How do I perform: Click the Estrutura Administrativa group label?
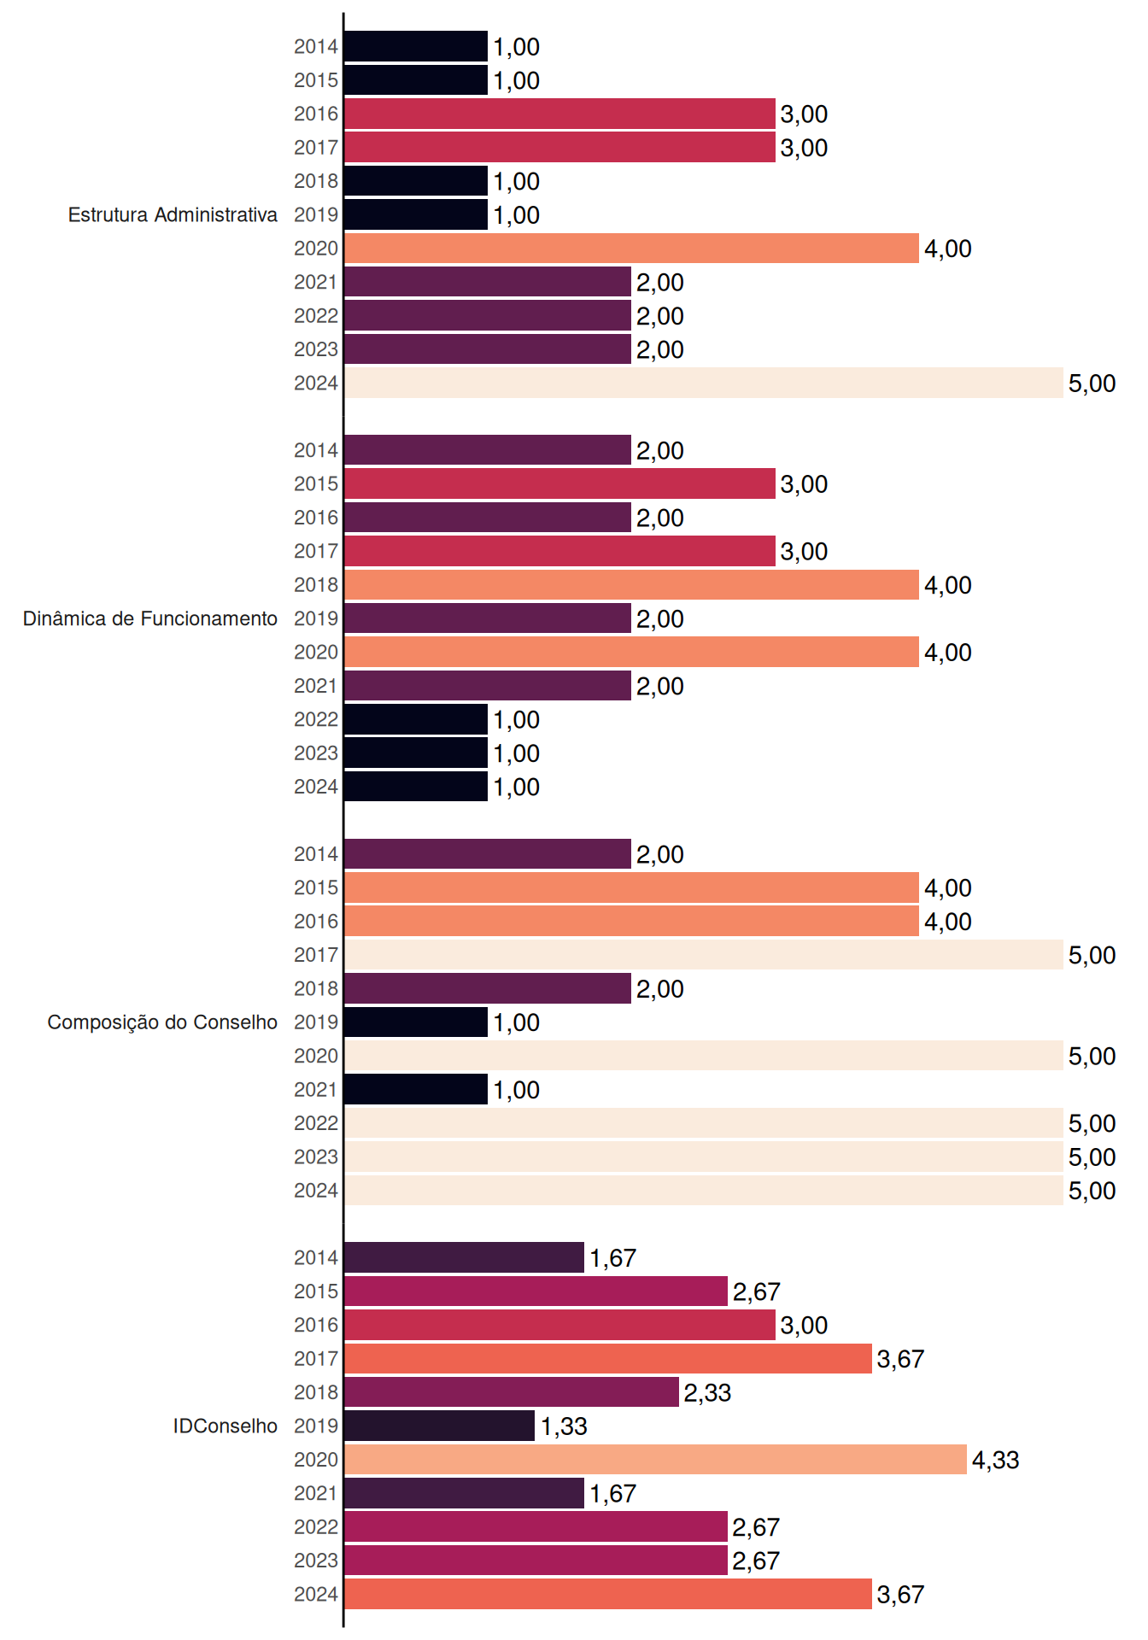coord(173,214)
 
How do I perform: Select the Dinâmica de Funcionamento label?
coord(150,618)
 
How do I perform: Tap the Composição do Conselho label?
coord(162,1022)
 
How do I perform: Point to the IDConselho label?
coord(225,1426)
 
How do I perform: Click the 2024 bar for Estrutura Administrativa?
coord(704,383)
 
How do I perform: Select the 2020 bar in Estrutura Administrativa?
coord(632,249)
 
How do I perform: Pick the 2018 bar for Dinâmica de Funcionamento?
coord(632,585)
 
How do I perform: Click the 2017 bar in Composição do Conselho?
coord(704,955)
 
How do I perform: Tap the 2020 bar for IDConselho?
coord(656,1460)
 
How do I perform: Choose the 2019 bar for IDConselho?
coord(440,1426)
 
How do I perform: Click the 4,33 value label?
coord(996,1460)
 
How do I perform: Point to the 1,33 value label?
coord(564,1426)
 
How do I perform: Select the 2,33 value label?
coord(707,1392)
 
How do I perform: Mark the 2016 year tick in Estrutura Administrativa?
coord(316,114)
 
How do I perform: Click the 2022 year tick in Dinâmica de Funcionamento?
coord(316,719)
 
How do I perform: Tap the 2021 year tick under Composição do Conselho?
coord(316,1090)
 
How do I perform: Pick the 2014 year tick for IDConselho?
coord(316,1257)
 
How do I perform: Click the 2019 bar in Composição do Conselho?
coord(416,1022)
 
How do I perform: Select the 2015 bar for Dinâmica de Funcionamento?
coord(560,483)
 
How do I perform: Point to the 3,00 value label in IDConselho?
coord(804,1326)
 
